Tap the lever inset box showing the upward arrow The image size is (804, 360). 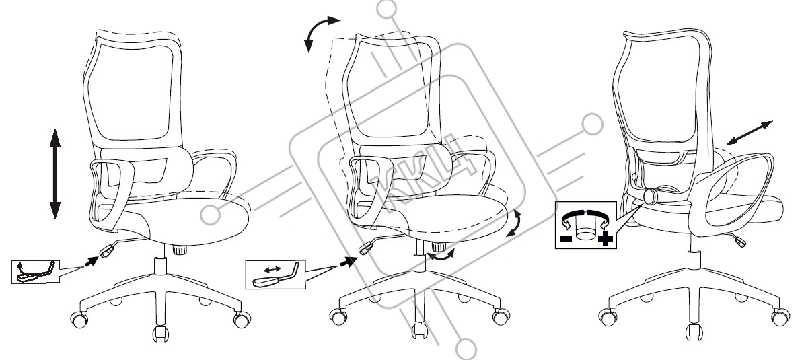[x=35, y=271]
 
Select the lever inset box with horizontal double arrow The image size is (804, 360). [x=276, y=274]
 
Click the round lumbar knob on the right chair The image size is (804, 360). [x=652, y=196]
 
